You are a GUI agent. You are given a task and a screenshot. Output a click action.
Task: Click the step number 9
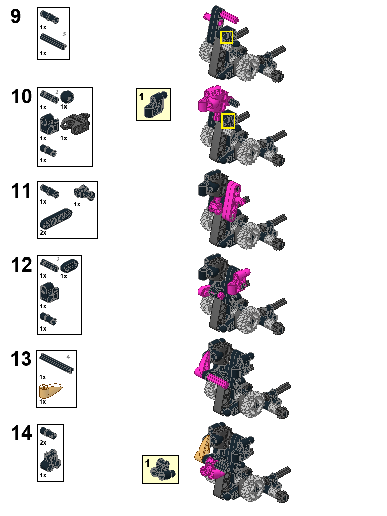16,17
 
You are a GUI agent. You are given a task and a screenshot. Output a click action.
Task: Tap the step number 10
21,96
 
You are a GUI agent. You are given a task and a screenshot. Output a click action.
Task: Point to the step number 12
21,265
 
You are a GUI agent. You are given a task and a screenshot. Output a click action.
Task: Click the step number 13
21,359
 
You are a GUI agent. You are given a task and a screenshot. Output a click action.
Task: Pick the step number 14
21,433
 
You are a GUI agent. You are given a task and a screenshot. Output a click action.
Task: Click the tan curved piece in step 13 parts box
50,391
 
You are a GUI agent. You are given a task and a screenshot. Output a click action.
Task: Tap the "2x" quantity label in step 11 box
43,233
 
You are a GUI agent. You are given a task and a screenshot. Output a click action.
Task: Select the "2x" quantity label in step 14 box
43,442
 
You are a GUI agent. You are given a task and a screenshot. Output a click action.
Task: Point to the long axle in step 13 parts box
57,364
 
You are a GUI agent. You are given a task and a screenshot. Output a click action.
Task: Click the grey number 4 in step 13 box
68,357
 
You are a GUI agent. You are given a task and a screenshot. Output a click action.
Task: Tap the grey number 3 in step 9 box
64,34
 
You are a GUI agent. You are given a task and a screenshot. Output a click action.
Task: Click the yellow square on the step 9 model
227,37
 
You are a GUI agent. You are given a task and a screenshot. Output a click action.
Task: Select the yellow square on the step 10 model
228,120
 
